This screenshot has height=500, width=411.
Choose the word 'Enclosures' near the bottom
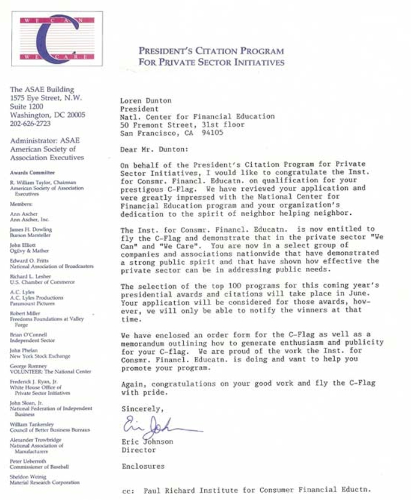point(143,466)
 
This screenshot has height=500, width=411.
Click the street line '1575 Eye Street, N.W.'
point(46,97)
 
